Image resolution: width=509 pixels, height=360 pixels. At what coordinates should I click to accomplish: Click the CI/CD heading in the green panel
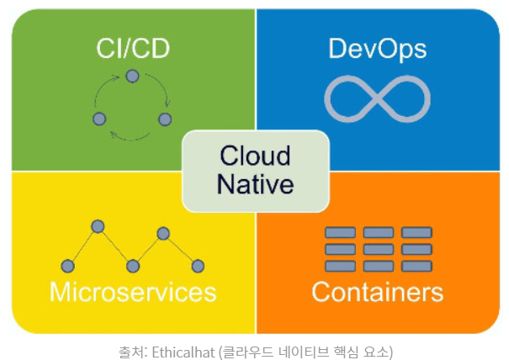click(x=132, y=48)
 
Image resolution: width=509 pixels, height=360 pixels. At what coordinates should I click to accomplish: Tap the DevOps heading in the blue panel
click(x=377, y=48)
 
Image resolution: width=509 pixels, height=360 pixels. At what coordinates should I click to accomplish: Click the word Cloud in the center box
click(x=254, y=156)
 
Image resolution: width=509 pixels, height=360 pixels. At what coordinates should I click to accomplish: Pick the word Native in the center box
click(x=254, y=183)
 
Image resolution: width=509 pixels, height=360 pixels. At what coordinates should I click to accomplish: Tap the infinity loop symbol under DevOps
click(x=377, y=98)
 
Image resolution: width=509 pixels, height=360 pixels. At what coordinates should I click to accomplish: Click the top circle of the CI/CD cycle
click(x=132, y=77)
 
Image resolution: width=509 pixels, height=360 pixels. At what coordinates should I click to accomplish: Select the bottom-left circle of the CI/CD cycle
click(x=99, y=119)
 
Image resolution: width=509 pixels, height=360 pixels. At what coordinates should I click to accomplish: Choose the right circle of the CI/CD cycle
click(x=165, y=119)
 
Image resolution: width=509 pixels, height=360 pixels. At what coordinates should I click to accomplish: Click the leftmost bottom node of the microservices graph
click(x=68, y=267)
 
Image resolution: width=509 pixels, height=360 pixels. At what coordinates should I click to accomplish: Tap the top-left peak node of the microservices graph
click(x=98, y=226)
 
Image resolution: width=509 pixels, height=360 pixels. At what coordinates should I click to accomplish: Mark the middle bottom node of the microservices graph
click(x=132, y=267)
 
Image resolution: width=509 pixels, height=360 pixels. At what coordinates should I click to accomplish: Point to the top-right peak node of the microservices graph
click(x=163, y=233)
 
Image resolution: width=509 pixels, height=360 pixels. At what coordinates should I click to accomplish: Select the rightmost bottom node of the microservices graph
click(x=198, y=267)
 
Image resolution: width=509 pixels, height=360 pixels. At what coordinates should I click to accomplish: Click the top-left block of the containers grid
click(x=340, y=233)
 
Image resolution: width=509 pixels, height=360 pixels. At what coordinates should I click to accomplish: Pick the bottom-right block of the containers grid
click(x=416, y=266)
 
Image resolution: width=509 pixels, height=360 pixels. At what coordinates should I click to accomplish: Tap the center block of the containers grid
click(x=379, y=250)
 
